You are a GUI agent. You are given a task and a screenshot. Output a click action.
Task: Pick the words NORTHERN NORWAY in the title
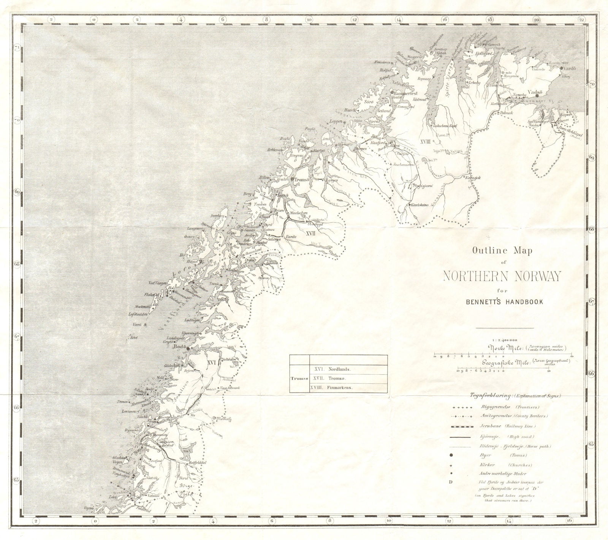pyautogui.click(x=502, y=277)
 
